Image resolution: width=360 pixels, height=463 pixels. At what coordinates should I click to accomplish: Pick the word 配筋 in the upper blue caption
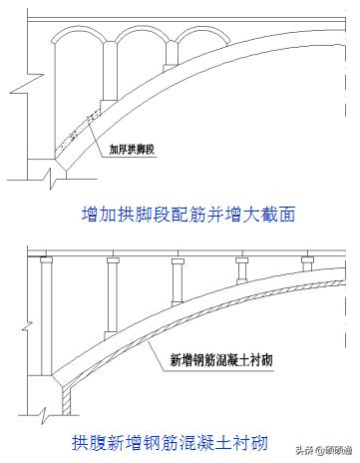tap(191, 213)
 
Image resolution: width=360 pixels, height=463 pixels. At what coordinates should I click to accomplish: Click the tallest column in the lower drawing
tap(46, 319)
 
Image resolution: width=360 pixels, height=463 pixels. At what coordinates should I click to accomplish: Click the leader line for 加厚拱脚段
tap(99, 139)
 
